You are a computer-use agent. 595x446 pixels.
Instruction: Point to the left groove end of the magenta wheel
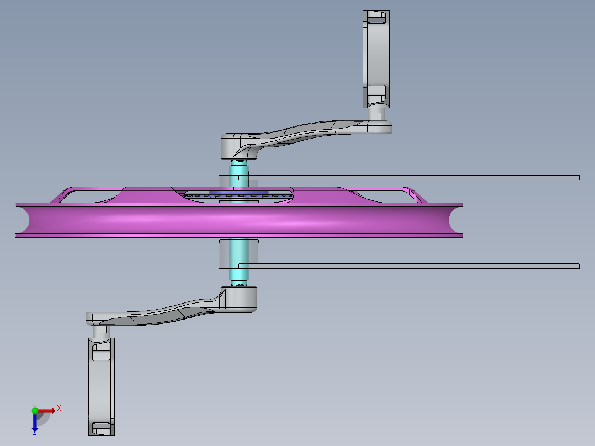[x=23, y=220]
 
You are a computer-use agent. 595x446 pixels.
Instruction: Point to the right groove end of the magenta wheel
[x=455, y=220]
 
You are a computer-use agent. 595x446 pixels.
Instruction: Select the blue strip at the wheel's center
[x=238, y=193]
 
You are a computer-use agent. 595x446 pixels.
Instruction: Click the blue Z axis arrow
[x=34, y=423]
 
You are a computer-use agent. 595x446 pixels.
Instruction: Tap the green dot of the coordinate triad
[x=35, y=410]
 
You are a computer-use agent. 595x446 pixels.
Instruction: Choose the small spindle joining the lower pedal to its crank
[x=101, y=330]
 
